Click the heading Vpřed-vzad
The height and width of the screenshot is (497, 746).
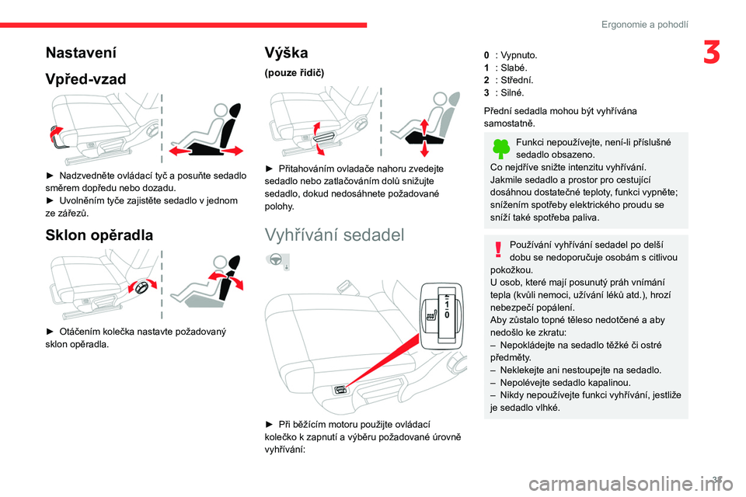tap(85, 78)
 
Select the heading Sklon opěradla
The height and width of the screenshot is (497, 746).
tap(98, 235)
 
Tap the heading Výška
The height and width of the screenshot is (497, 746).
tap(287, 53)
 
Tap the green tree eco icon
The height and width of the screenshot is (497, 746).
tap(501, 148)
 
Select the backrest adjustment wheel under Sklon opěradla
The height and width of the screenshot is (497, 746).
tap(141, 288)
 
